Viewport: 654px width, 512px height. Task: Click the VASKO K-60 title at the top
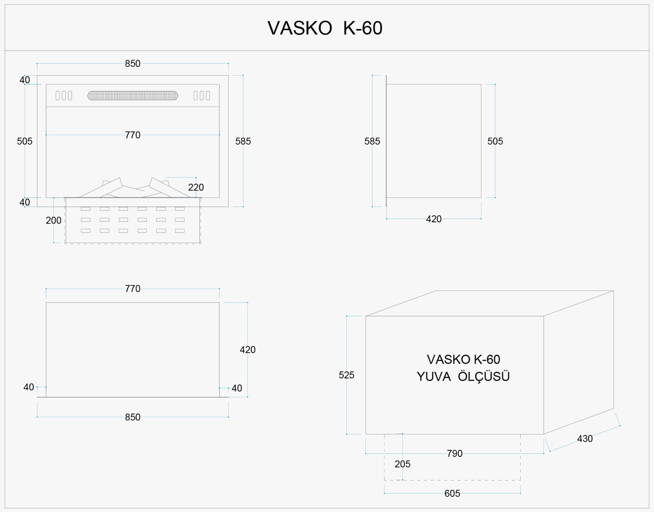325,28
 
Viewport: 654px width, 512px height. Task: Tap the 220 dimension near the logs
196,188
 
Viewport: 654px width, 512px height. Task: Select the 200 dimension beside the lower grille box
54,221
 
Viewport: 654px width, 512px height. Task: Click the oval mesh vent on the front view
133,96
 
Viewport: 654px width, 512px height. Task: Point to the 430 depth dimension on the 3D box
585,438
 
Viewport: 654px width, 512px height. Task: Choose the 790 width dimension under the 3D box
455,453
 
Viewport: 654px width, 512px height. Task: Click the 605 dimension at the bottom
452,493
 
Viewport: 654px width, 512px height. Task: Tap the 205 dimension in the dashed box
402,464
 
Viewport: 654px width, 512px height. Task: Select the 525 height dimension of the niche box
346,375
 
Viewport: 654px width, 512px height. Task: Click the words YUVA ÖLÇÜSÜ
463,377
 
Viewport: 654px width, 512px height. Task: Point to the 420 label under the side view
434,219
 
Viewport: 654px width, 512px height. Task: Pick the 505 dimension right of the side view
495,141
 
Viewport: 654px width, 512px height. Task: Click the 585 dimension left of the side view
372,141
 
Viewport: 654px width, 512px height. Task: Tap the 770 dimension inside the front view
133,135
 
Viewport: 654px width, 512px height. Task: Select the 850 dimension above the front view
133,63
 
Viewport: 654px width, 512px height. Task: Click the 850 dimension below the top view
133,417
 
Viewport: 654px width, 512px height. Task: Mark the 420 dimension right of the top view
248,349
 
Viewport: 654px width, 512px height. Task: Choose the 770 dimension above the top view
133,288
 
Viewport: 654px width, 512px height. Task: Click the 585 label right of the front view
243,141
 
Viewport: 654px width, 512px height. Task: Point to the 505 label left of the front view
25,141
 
